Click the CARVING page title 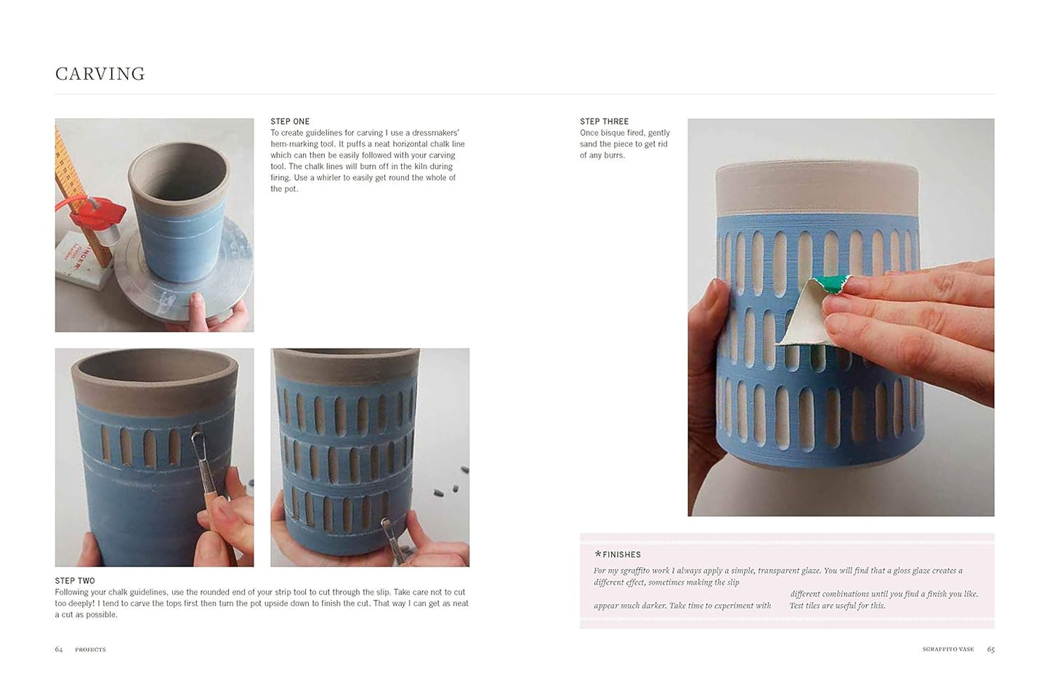pyautogui.click(x=100, y=73)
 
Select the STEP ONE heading pyautogui.click(x=290, y=121)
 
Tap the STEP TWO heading pyautogui.click(x=75, y=580)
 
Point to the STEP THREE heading pyautogui.click(x=604, y=121)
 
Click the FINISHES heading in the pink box pyautogui.click(x=621, y=555)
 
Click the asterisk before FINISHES pyautogui.click(x=597, y=554)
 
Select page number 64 pyautogui.click(x=59, y=649)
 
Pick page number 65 pyautogui.click(x=990, y=649)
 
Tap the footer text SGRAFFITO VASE pyautogui.click(x=948, y=649)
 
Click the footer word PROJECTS pyautogui.click(x=91, y=649)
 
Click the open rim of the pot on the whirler pyautogui.click(x=179, y=150)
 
